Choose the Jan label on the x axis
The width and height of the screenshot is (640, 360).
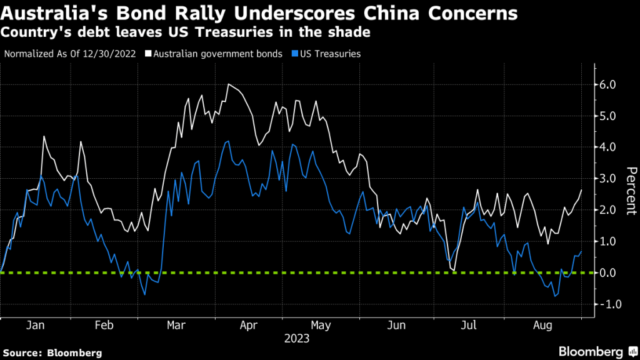click(36, 326)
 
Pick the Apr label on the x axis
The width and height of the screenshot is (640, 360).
click(249, 326)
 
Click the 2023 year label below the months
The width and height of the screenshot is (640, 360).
click(296, 339)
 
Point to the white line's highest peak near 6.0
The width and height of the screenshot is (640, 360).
click(228, 84)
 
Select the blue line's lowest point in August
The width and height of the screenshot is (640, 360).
click(554, 296)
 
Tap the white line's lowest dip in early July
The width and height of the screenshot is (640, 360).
click(453, 270)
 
